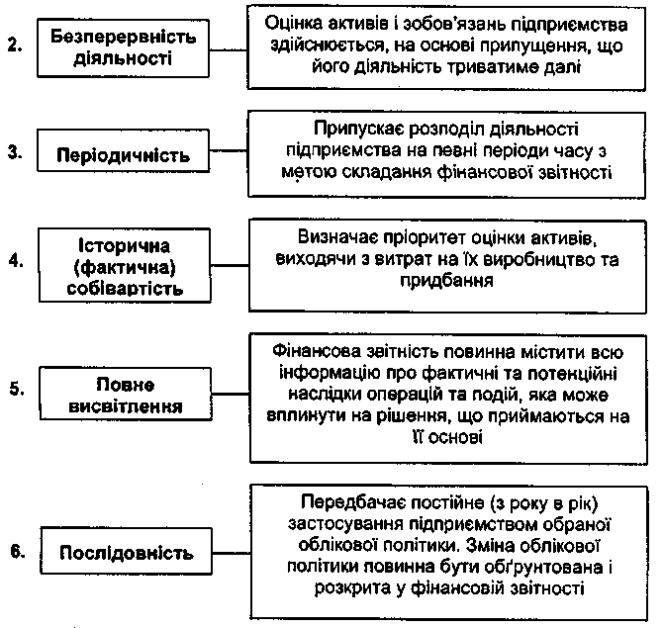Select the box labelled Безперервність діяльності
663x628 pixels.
[x=122, y=45]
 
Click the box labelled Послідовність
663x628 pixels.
[x=125, y=551]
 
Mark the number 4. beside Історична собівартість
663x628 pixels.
[x=14, y=262]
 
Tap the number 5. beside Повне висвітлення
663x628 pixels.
[x=14, y=388]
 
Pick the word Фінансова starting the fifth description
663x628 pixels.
[x=315, y=354]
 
